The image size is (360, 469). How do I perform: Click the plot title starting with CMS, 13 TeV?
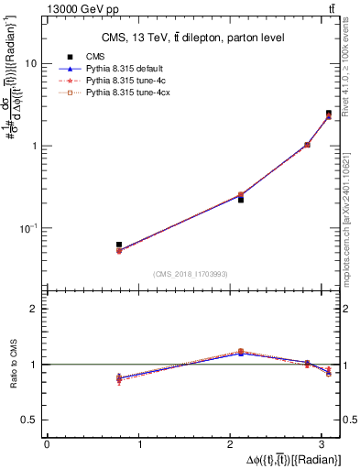tap(192, 38)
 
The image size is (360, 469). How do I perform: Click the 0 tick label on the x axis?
tap(47, 444)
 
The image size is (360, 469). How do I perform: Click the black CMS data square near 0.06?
tap(119, 245)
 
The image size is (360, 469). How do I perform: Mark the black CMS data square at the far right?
tap(329, 114)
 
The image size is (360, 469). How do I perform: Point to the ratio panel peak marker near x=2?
tap(241, 351)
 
